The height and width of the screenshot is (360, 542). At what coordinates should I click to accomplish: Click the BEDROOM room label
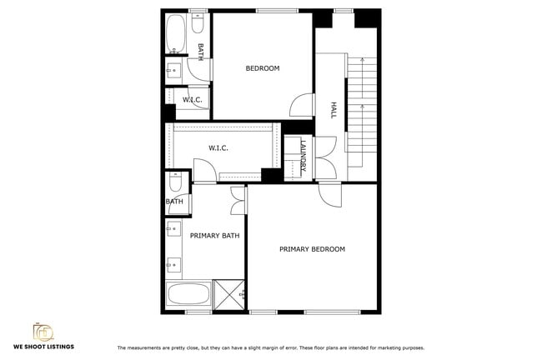pyautogui.click(x=262, y=68)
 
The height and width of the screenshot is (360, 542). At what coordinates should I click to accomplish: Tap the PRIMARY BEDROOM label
pyautogui.click(x=312, y=249)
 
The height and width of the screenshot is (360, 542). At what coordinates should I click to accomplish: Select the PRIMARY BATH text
pyautogui.click(x=214, y=236)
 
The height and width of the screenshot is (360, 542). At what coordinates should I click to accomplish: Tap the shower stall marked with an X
pyautogui.click(x=228, y=294)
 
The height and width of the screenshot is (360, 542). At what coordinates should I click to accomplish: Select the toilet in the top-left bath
pyautogui.click(x=197, y=25)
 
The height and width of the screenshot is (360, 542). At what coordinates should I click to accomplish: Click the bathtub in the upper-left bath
pyautogui.click(x=176, y=34)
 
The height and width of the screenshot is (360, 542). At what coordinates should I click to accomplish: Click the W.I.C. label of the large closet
pyautogui.click(x=218, y=148)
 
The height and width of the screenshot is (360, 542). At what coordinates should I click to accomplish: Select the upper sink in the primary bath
pyautogui.click(x=173, y=230)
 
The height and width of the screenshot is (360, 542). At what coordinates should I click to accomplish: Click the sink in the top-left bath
pyautogui.click(x=175, y=70)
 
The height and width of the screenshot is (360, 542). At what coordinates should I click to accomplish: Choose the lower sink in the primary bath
pyautogui.click(x=173, y=265)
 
